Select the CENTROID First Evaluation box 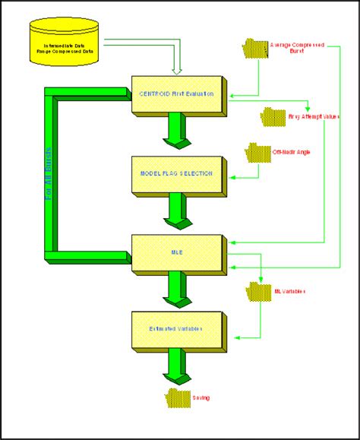click(176, 94)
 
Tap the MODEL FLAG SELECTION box click(176, 173)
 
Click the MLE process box click(176, 253)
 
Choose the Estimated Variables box click(176, 330)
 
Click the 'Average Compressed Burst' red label click(297, 49)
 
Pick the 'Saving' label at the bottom click(201, 397)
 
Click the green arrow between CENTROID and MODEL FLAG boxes click(175, 131)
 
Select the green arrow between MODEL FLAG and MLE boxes click(175, 211)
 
